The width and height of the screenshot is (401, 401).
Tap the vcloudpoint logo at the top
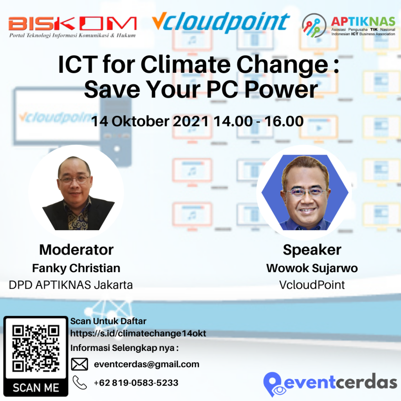pos(220,22)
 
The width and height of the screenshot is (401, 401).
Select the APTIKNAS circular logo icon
pos(314,25)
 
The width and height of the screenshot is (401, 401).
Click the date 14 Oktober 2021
pos(150,121)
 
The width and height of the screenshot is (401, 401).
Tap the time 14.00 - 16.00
pos(258,121)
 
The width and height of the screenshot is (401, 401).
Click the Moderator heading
pos(76,249)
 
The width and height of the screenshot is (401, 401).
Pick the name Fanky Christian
pos(76,268)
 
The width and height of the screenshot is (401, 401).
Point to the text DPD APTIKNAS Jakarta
pos(71,285)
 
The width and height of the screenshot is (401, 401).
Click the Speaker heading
pos(312,249)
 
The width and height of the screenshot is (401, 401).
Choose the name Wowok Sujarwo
pos(312,268)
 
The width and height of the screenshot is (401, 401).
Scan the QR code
pos(36,348)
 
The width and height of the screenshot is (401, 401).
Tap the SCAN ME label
pos(36,388)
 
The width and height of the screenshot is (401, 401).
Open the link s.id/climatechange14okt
pos(138,334)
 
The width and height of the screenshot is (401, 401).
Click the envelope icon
pos(79,365)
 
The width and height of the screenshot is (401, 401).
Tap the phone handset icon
pos(79,382)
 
